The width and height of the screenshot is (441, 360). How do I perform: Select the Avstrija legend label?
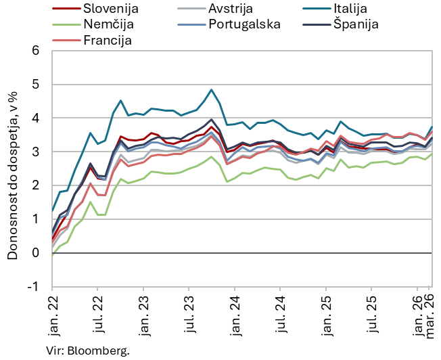[x=228, y=9]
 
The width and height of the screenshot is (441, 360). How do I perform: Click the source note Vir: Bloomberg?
[x=88, y=351]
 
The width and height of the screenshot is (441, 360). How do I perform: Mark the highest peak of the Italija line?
[x=212, y=89]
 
